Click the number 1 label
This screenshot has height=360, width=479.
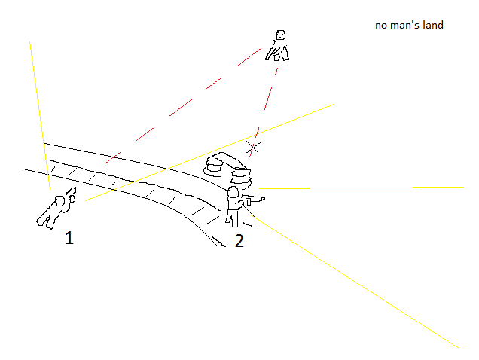[69, 239]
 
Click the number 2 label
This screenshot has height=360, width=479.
[239, 242]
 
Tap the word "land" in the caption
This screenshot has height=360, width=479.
[433, 26]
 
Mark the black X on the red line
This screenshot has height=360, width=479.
[254, 148]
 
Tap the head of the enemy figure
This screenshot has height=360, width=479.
[280, 35]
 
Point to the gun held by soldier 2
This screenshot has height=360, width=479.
[253, 200]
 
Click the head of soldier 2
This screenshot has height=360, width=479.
[233, 193]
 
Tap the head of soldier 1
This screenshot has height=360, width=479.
[60, 201]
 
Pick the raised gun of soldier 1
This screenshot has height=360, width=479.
[71, 193]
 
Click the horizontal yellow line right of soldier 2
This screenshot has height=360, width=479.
[362, 188]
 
